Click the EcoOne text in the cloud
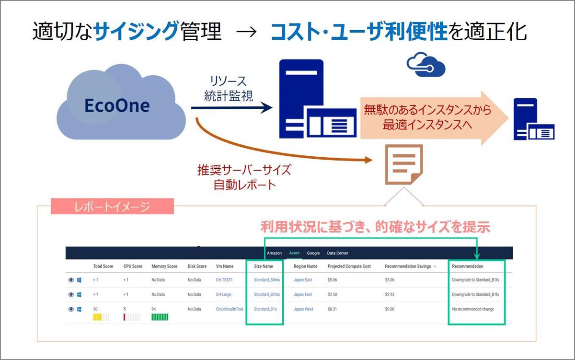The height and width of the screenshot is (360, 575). (x=117, y=105)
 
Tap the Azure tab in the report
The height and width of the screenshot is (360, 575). (x=294, y=253)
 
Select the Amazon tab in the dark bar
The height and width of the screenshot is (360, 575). (x=274, y=253)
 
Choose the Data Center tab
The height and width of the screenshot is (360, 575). (x=337, y=253)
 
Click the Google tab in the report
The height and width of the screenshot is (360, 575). (x=313, y=253)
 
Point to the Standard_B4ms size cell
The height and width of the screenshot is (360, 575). (x=267, y=280)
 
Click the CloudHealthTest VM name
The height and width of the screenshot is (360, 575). (x=230, y=309)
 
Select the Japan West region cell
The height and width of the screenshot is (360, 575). (x=303, y=309)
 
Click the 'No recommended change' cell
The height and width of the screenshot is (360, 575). (x=473, y=309)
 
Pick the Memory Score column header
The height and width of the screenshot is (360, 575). (x=164, y=267)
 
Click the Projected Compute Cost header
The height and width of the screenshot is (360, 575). (x=349, y=267)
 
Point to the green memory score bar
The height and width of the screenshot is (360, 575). (x=160, y=317)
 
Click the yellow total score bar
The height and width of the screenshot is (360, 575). (x=97, y=317)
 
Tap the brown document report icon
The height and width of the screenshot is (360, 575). (x=404, y=164)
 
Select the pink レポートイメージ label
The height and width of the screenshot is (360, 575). (x=112, y=207)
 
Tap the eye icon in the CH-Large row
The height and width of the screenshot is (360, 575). (x=71, y=294)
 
